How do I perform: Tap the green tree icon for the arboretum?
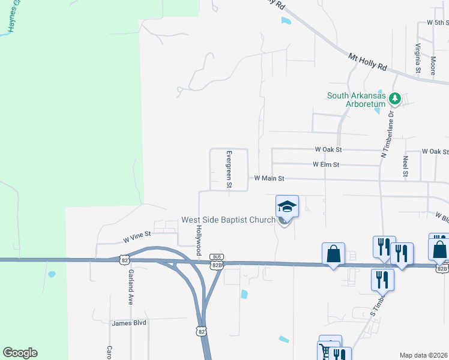tap(395, 97)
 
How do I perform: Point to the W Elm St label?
tap(326, 164)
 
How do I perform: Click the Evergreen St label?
tap(228, 169)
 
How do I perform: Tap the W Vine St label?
tap(136, 238)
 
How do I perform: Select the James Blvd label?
tap(129, 323)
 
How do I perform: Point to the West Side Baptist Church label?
tap(228, 220)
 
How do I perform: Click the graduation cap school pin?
tap(287, 207)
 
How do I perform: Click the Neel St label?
tap(406, 167)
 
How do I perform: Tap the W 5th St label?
tap(438, 22)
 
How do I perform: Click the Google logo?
tap(20, 353)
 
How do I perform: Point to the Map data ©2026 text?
tap(424, 355)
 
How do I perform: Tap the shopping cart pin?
tap(325, 350)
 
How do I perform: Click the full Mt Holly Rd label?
tap(368, 62)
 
